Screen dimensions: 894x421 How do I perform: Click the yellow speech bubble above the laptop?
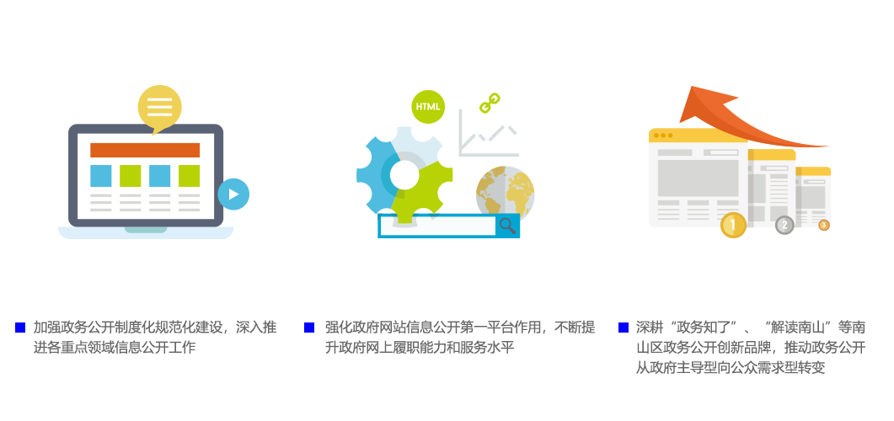coord(159,108)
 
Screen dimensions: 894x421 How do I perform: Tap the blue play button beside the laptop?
coord(233,195)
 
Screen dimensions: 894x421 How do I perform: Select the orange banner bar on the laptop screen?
coord(145,150)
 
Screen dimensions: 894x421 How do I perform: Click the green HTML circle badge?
coord(428,107)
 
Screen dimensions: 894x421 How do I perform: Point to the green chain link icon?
coord(490,103)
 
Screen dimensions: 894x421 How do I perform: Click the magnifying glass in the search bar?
coord(507,226)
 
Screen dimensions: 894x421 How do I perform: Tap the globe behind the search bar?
coord(506,192)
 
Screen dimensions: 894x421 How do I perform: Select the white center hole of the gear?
coord(404,174)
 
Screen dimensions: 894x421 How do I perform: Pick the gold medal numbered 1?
coord(733,226)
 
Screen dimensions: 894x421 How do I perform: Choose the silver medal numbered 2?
coord(785,226)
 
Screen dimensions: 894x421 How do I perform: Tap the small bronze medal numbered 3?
coord(824,225)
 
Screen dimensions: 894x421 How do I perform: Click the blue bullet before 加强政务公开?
coord(20,328)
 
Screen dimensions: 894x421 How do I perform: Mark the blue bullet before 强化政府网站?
coord(309,328)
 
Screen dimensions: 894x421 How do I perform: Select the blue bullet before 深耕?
coord(624,328)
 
